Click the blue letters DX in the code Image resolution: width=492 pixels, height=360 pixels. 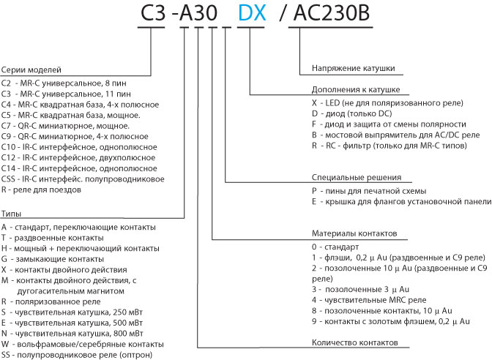[252, 13]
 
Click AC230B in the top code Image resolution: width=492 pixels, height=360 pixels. [332, 13]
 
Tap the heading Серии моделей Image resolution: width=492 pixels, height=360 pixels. [31, 70]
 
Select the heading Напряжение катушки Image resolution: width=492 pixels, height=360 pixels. [354, 68]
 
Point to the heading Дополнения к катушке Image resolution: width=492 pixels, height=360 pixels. [356, 90]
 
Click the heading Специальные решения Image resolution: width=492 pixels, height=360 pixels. [357, 177]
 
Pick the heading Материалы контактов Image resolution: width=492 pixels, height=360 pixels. [354, 233]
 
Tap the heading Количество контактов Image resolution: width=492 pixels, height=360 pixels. [355, 342]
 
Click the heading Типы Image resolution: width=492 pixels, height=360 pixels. [11, 214]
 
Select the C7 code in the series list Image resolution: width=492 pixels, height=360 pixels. [7, 126]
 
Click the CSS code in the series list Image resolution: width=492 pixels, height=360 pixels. [8, 179]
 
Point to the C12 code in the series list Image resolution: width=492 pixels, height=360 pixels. [8, 158]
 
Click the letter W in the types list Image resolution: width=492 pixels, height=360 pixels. [4, 344]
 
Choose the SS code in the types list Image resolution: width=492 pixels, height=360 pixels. [6, 355]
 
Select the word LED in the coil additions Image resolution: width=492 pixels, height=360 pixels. [332, 103]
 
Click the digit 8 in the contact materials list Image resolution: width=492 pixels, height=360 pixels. [314, 311]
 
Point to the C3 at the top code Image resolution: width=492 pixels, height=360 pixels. [153, 13]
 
